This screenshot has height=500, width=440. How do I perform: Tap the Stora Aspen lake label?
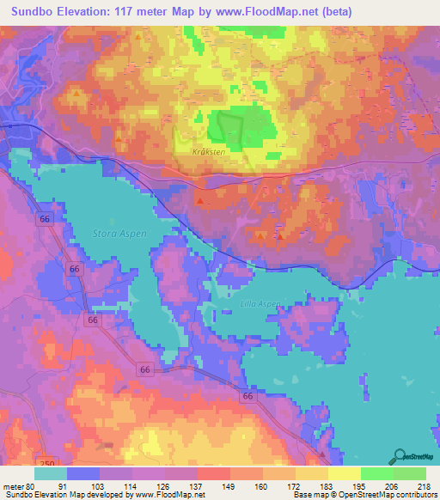120,233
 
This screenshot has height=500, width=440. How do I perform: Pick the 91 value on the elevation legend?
63,485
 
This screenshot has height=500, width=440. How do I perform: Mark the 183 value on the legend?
326,485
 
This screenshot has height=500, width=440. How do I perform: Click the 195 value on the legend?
358,485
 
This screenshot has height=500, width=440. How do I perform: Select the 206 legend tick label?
391,485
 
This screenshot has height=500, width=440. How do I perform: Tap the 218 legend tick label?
423,485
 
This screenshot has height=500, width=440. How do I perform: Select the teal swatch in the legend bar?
50,473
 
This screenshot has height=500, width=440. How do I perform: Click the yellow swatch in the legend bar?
343,473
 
